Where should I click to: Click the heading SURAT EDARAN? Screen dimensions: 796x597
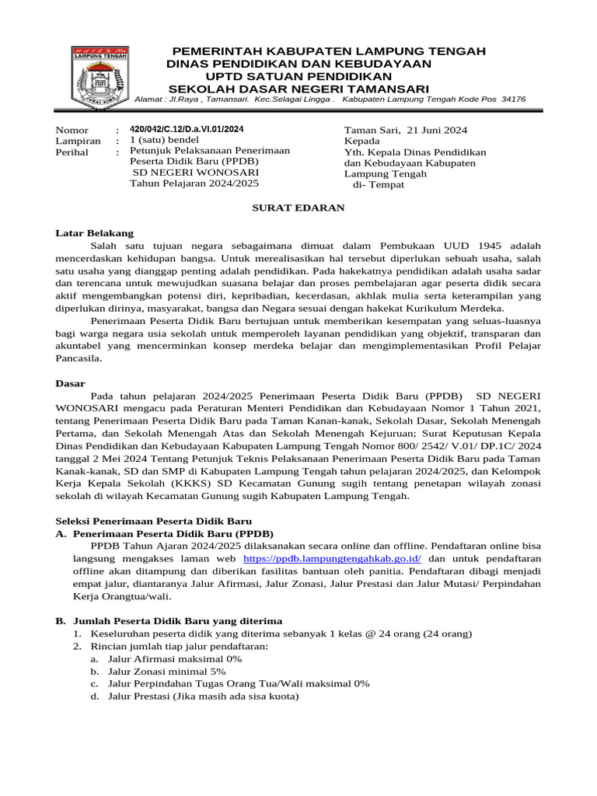point(298,208)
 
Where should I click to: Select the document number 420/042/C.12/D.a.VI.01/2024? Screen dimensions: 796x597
point(187,129)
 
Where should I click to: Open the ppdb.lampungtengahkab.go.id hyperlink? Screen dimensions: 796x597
point(332,559)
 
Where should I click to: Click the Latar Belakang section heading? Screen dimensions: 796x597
point(95,233)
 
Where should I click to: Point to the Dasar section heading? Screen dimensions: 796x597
point(71,383)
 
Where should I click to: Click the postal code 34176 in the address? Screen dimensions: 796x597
point(514,99)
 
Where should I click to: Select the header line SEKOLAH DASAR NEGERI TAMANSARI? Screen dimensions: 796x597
point(298,89)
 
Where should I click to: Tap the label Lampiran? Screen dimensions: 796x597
point(78,141)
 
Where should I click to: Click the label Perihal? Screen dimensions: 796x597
point(72,152)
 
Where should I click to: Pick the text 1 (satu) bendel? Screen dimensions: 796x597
point(164,141)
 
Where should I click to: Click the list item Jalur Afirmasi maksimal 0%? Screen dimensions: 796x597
point(175,658)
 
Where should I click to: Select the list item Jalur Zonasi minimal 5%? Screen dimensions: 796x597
point(166,671)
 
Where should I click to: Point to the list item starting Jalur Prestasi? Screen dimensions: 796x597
point(203,696)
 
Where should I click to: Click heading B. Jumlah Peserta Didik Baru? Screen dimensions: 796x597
point(169,621)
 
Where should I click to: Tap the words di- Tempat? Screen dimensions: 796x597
point(379,185)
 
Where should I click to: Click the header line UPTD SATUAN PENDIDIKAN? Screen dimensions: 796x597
point(298,76)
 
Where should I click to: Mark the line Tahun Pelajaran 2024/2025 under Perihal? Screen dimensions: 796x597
point(194,183)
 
